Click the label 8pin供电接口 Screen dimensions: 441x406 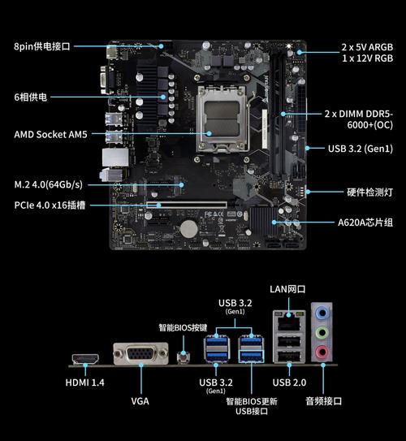[x=42, y=47]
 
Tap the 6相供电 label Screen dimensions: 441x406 [x=31, y=97]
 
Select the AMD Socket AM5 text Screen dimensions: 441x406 [x=50, y=134]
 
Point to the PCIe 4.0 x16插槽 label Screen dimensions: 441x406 [x=51, y=205]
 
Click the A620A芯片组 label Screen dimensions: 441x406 [x=365, y=222]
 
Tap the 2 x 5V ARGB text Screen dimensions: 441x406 [x=365, y=47]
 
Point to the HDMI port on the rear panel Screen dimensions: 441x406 [x=84, y=358]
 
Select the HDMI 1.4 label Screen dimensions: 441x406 [x=84, y=383]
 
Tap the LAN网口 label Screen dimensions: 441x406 [x=287, y=289]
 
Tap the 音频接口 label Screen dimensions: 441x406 [x=323, y=400]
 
